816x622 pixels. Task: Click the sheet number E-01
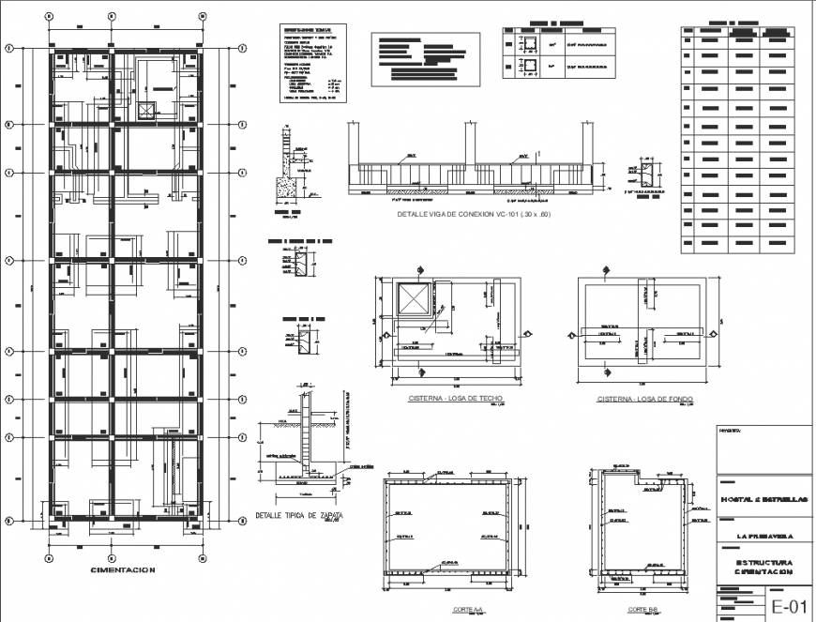coord(789,605)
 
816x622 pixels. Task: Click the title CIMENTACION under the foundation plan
coord(122,569)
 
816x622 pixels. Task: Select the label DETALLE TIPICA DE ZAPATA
coord(298,516)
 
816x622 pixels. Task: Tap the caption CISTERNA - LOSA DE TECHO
coord(456,399)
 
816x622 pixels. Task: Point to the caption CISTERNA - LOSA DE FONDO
coord(645,400)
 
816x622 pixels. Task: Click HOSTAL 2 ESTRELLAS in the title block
coord(765,499)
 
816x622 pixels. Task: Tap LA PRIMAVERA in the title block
coord(765,536)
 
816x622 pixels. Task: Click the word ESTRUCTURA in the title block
coord(765,563)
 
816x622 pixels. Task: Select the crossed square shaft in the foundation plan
coord(146,110)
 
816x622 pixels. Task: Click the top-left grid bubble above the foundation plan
coord(49,17)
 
